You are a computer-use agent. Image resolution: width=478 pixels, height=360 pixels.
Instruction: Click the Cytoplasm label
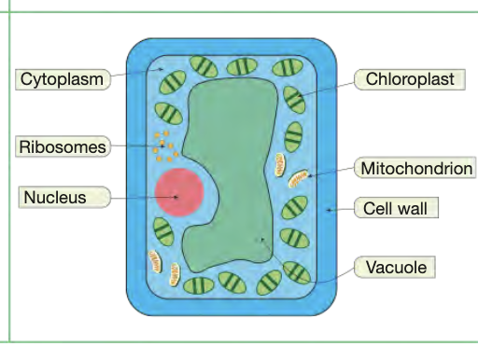click(x=62, y=79)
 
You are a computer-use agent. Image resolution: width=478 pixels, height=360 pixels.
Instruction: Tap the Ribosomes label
click(x=62, y=146)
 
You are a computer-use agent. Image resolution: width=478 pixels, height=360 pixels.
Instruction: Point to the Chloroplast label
click(x=410, y=79)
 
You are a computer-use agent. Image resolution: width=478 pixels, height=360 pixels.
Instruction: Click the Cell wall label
click(x=395, y=208)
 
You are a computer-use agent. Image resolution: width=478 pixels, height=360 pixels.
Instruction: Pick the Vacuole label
click(x=396, y=268)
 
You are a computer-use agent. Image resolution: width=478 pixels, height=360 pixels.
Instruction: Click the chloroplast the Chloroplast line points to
click(x=295, y=96)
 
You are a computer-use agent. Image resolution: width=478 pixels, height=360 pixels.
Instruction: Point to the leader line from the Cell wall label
click(x=341, y=209)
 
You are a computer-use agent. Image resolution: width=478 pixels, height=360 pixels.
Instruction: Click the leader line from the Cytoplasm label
click(x=135, y=75)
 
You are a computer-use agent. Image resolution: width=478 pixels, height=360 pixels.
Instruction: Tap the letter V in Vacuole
click(x=370, y=268)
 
